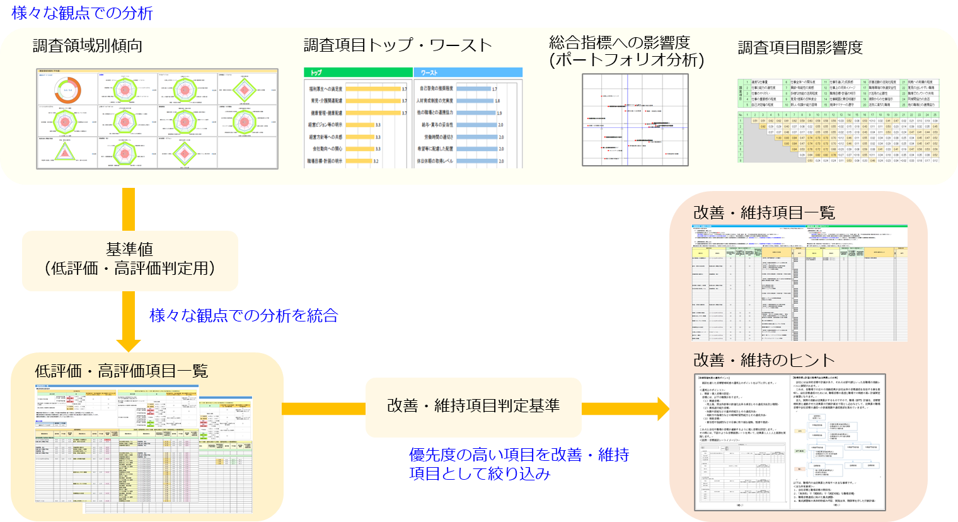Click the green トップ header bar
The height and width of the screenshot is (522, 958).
(357, 72)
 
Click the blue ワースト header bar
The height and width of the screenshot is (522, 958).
(468, 72)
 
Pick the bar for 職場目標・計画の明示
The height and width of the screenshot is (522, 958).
(359, 161)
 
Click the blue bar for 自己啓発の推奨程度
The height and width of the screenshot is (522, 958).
(473, 89)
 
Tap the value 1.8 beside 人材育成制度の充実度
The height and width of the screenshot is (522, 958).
(497, 101)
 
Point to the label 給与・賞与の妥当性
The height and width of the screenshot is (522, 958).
(435, 125)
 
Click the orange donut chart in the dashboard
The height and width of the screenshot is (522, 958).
(67, 92)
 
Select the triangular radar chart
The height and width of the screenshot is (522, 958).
(64, 152)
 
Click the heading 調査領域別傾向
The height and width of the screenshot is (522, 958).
(87, 46)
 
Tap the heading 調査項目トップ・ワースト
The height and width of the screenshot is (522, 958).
(397, 45)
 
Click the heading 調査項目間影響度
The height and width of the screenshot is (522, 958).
(800, 47)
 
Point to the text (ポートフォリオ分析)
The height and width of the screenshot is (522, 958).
(626, 60)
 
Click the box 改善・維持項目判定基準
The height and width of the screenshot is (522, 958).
(473, 406)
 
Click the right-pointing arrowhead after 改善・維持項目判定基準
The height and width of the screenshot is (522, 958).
(663, 409)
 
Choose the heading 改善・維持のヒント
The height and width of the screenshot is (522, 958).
(764, 360)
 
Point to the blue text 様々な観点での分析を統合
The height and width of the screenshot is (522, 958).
(244, 315)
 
